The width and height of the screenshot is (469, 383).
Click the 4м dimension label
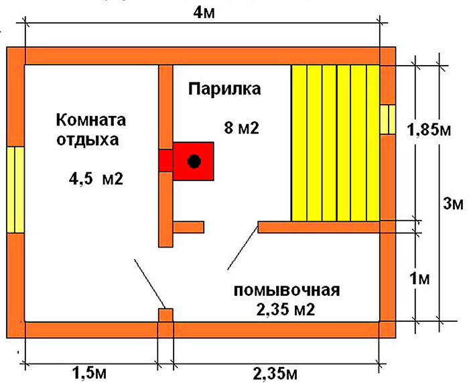(x=204, y=13)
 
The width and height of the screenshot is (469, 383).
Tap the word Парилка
(x=224, y=89)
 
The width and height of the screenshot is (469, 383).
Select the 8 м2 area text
(x=241, y=128)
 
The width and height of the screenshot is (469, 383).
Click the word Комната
(x=91, y=120)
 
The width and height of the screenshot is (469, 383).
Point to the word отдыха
(x=88, y=140)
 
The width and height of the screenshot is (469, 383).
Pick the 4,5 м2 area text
(x=96, y=179)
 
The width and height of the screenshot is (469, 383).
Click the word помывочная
(x=287, y=290)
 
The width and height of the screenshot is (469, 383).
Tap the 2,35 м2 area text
(x=285, y=310)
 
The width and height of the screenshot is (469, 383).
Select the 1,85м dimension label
(x=429, y=130)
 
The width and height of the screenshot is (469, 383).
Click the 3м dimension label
(x=453, y=204)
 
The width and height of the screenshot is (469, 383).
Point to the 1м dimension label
(x=420, y=279)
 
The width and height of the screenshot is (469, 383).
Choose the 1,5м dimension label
(x=89, y=373)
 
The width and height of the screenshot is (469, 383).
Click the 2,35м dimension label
(x=275, y=374)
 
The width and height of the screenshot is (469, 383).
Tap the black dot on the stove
(x=194, y=162)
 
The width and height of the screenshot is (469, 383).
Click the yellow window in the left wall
(x=15, y=190)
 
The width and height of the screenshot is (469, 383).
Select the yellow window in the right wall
(x=388, y=119)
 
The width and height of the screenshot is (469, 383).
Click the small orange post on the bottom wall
(x=165, y=315)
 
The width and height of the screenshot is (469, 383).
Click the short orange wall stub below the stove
(x=188, y=227)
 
